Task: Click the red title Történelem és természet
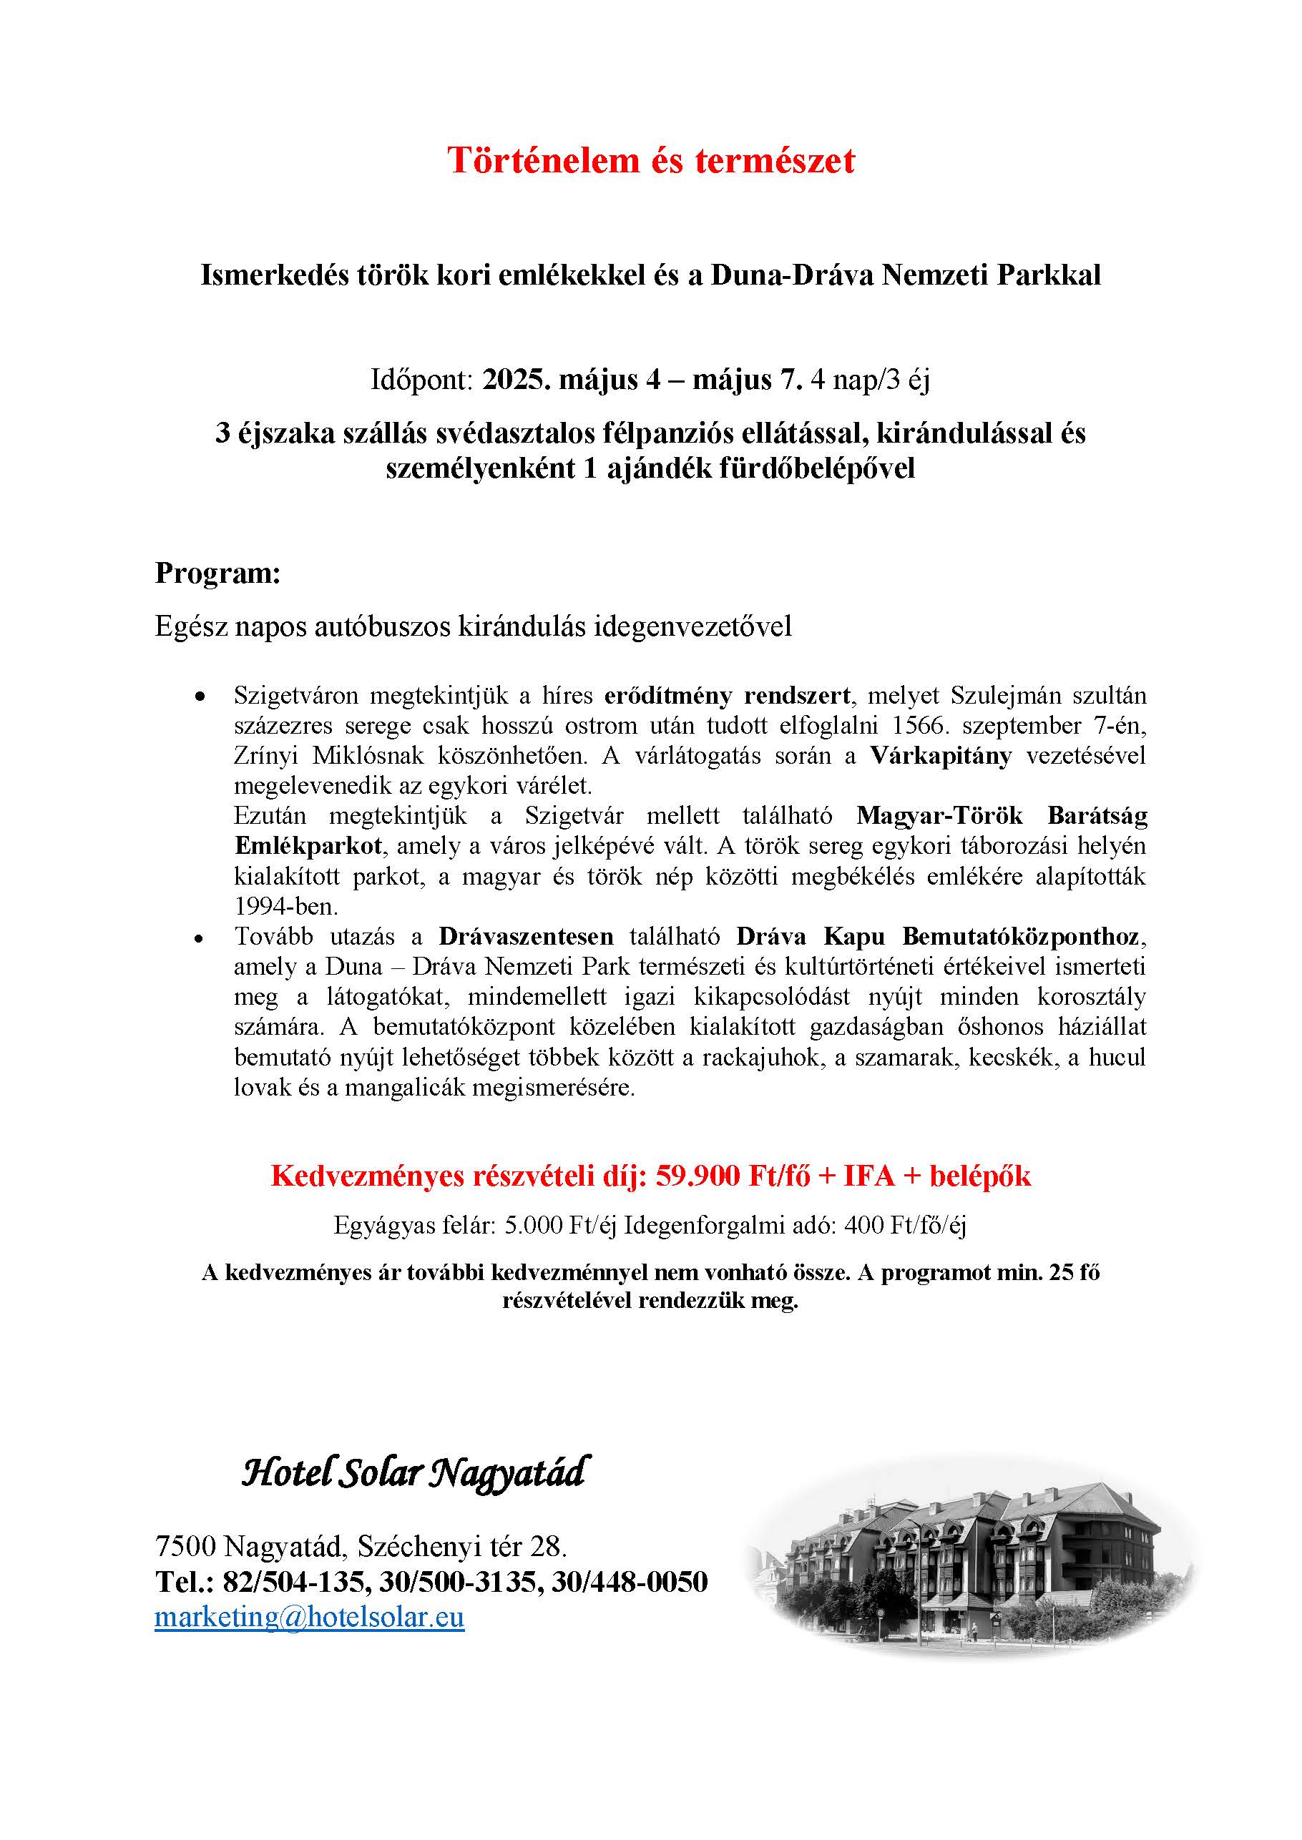[650, 160]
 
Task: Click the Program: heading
[217, 574]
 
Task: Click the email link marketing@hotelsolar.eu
[310, 1616]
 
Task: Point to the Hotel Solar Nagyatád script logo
[413, 1473]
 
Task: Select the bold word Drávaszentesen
[526, 936]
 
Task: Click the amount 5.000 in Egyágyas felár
[533, 1225]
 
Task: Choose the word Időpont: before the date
[421, 379]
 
